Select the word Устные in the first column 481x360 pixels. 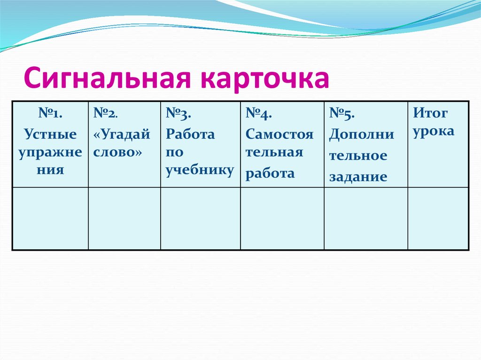pyautogui.click(x=51, y=135)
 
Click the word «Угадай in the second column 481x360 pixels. pyautogui.click(x=122, y=135)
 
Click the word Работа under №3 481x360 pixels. pyautogui.click(x=190, y=135)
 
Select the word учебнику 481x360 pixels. pyautogui.click(x=199, y=170)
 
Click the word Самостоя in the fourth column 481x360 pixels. pyautogui.click(x=279, y=135)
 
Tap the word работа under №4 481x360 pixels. pyautogui.click(x=270, y=173)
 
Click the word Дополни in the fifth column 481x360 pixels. pyautogui.click(x=362, y=135)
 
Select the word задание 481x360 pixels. pyautogui.click(x=358, y=177)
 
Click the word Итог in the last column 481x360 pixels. pyautogui.click(x=430, y=113)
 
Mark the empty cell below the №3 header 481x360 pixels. pyautogui.click(x=201, y=218)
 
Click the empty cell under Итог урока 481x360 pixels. pyautogui.click(x=438, y=218)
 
